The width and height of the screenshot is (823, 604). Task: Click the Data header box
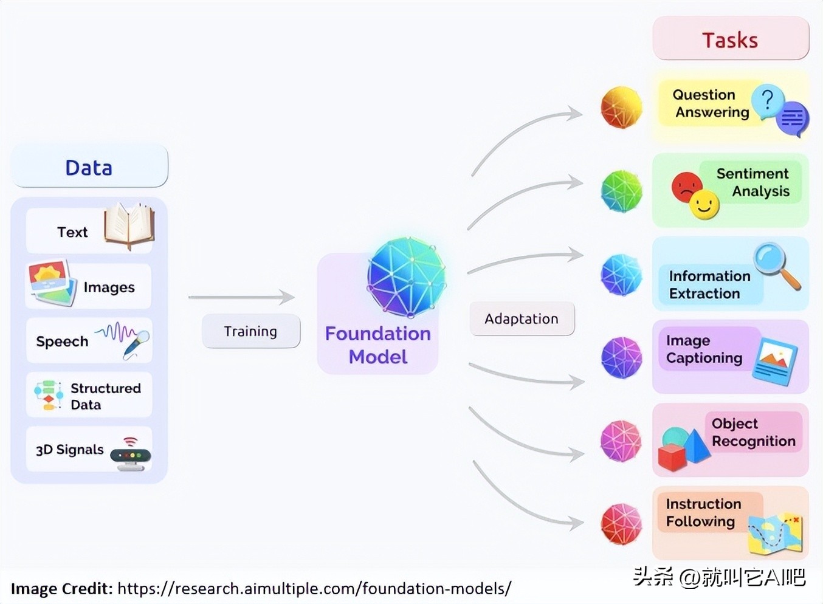coord(89,167)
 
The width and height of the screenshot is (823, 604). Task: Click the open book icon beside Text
coord(129,226)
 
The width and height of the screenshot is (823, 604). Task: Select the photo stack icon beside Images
coord(51,283)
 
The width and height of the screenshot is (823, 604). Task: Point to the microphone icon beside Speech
coord(135,344)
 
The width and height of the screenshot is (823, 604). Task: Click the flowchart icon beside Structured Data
coord(48,395)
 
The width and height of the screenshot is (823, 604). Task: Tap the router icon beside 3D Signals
coord(131,455)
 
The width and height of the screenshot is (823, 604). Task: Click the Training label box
coord(250,331)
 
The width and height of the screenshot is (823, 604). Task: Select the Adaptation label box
coord(522,319)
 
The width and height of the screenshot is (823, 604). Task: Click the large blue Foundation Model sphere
coord(406,277)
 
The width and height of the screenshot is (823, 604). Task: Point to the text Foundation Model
coord(378,345)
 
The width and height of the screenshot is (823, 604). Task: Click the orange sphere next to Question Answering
coord(621,108)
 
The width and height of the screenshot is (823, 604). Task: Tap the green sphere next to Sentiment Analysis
coord(621,191)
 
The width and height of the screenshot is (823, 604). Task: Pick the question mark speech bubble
coord(767,101)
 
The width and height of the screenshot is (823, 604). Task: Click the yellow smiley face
coord(704,205)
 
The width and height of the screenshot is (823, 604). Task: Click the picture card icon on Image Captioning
coord(774,361)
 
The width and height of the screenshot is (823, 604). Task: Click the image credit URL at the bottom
coord(314,588)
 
